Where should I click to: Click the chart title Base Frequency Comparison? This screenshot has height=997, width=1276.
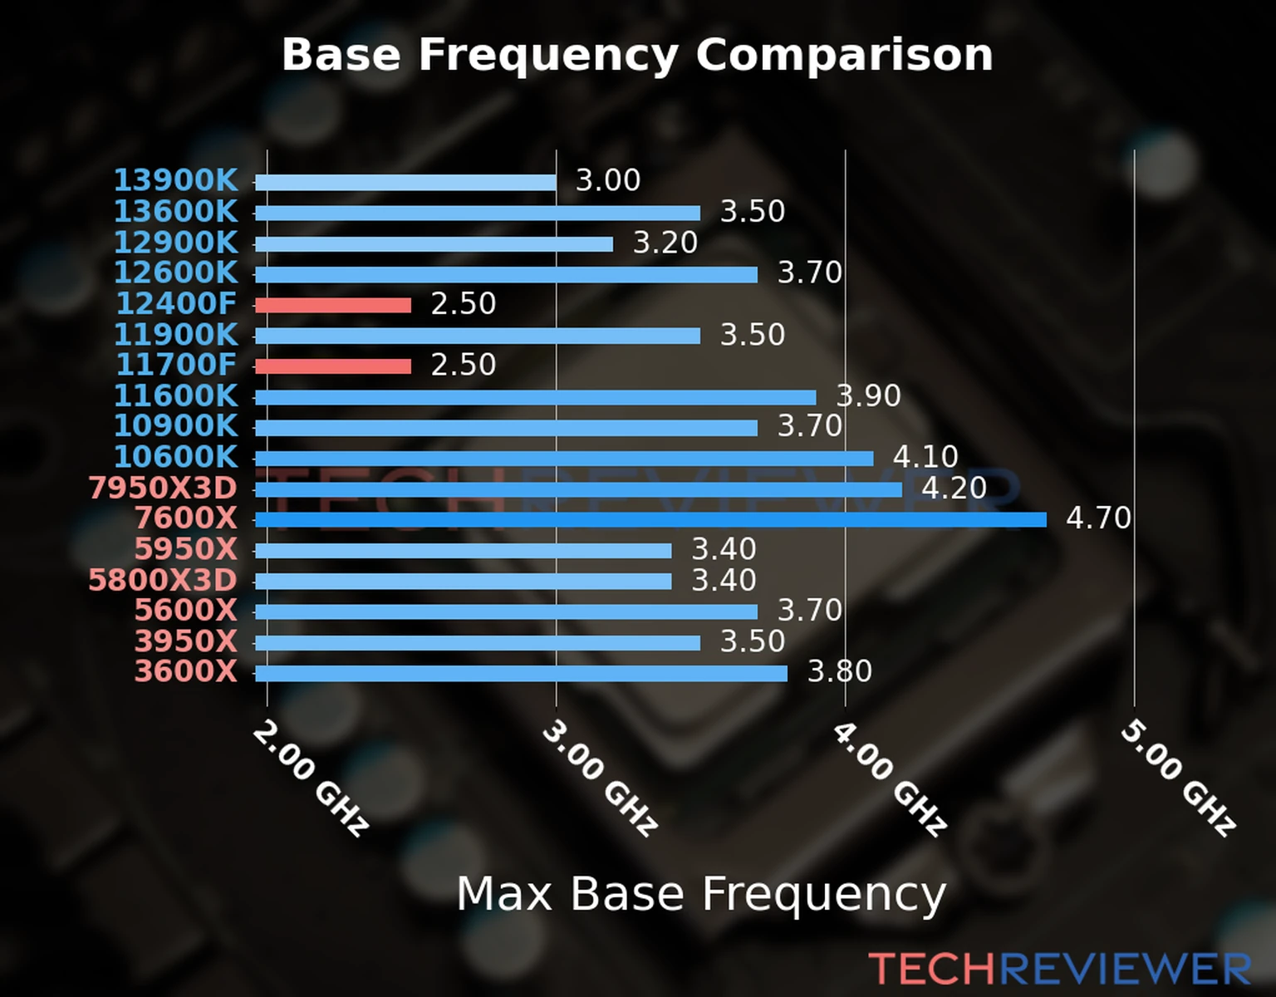(637, 55)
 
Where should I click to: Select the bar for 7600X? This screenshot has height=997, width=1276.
(650, 520)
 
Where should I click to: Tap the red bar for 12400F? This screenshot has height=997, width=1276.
(332, 305)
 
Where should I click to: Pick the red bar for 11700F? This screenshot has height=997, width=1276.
(332, 366)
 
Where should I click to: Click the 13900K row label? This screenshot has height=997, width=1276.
(175, 180)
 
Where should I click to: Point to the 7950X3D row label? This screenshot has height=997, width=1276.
(163, 489)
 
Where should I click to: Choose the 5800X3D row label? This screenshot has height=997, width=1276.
(163, 580)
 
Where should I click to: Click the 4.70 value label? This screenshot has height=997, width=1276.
(1098, 518)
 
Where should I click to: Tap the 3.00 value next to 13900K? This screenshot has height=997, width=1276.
(608, 180)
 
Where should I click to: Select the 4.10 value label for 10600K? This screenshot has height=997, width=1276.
(925, 457)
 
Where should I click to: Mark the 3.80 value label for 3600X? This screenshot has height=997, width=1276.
(840, 671)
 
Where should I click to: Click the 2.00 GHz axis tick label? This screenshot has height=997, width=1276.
(310, 778)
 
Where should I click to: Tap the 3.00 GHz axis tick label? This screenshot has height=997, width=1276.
(600, 778)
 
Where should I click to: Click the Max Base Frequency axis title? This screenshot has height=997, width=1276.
(701, 894)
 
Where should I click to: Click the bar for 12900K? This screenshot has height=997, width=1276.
(434, 244)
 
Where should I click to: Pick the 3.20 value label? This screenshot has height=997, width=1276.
(665, 243)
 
